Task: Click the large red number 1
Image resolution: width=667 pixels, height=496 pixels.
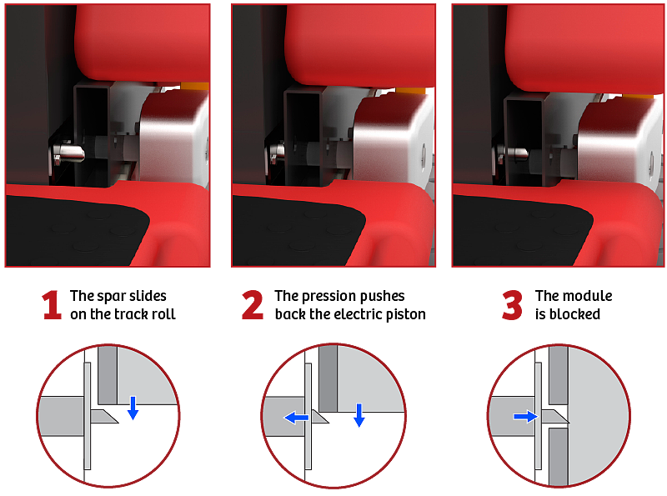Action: (52, 304)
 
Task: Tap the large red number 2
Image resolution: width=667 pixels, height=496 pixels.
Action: (253, 304)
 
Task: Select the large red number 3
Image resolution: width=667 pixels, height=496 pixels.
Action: (512, 305)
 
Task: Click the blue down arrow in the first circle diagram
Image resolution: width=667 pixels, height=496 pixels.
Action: (133, 408)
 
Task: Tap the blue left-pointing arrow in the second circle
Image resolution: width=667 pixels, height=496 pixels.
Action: (296, 418)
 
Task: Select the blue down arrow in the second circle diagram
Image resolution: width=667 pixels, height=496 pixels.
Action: (359, 415)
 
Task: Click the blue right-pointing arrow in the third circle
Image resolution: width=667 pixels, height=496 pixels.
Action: (526, 417)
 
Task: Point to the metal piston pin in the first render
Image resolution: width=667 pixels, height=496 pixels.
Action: (69, 153)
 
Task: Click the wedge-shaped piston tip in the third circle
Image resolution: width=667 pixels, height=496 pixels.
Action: (554, 417)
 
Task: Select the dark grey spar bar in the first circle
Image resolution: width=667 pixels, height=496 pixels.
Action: (108, 375)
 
